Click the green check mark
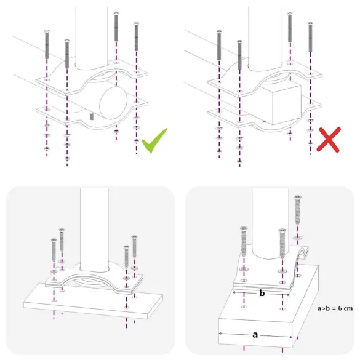pyautogui.click(x=154, y=143)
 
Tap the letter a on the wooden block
pyautogui.click(x=254, y=334)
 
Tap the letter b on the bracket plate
pyautogui.click(x=263, y=294)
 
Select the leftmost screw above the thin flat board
pyautogui.click(x=54, y=252)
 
